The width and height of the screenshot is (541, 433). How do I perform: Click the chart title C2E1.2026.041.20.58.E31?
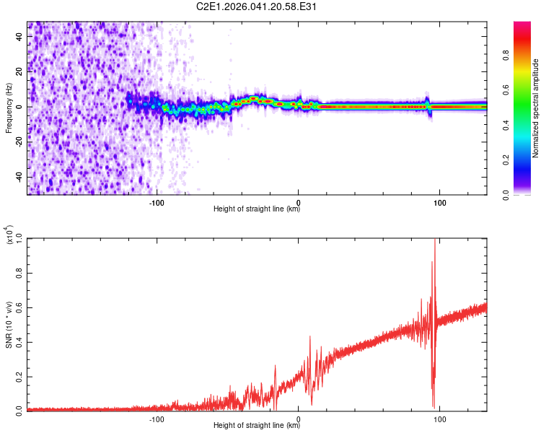tap(258, 6)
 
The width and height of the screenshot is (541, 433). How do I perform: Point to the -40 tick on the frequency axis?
tap(20, 178)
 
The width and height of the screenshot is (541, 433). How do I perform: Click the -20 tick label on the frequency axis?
tap(20, 142)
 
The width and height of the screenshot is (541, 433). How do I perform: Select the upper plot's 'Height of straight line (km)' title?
tap(257, 209)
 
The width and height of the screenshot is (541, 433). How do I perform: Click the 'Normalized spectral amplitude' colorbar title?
tap(536, 108)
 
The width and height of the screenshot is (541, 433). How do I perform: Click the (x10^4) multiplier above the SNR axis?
tap(11, 235)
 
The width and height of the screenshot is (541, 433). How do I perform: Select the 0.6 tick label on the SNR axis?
tap(20, 306)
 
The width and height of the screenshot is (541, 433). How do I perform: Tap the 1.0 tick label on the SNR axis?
tap(20, 238)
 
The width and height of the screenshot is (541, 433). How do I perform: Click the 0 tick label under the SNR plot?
tap(299, 418)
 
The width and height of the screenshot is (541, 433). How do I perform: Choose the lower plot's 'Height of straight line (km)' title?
tap(257, 426)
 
